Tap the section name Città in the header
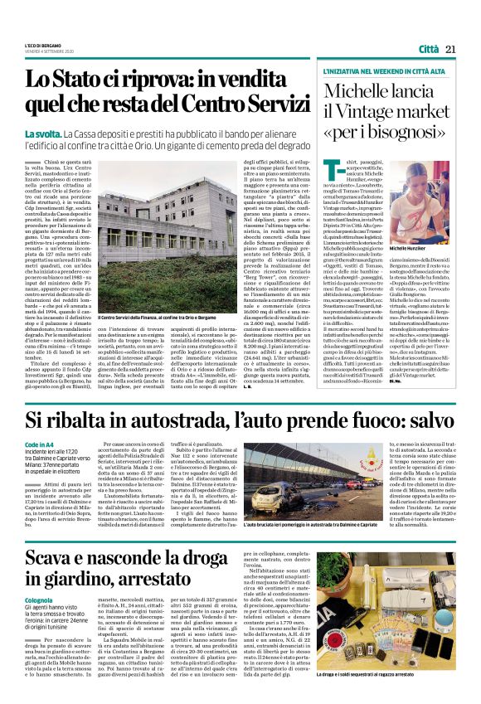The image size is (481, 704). pyautogui.click(x=429, y=50)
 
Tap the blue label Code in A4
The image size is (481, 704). pyautogui.click(x=39, y=469)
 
